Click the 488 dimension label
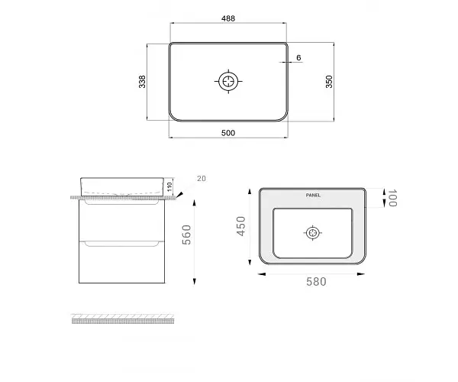click(228, 18)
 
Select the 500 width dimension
click(228, 133)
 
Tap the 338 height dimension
click(142, 82)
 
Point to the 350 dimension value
click(329, 82)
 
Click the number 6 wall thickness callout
click(298, 57)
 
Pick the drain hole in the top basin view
click(228, 81)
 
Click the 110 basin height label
click(169, 186)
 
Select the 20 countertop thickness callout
click(202, 178)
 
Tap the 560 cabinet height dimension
click(187, 235)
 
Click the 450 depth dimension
click(241, 226)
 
